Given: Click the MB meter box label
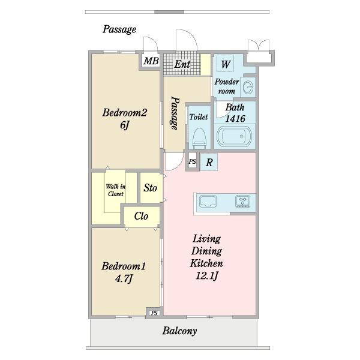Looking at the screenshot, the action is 151,61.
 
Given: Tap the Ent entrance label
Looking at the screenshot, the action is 182,64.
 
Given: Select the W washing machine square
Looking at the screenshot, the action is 225,64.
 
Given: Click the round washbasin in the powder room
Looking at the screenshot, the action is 248,87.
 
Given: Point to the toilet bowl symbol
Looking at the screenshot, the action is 199,139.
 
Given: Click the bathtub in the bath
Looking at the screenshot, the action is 234,136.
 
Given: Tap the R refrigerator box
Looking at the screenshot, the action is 209,162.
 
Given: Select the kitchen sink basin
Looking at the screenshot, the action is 208,202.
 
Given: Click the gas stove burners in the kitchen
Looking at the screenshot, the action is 242,201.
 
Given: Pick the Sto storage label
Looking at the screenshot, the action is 151,188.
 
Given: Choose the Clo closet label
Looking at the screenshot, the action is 141,216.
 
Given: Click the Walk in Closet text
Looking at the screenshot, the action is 116,190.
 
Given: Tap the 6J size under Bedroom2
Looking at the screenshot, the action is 125,125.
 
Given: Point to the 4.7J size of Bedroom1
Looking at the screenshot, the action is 124,279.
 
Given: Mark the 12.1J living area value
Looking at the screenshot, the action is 206,275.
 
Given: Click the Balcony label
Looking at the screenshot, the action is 179,331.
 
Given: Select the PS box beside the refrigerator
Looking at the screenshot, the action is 193,161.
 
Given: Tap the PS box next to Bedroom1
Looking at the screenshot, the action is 155,313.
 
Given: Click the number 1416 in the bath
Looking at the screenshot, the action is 235,119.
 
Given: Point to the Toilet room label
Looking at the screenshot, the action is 199,117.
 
